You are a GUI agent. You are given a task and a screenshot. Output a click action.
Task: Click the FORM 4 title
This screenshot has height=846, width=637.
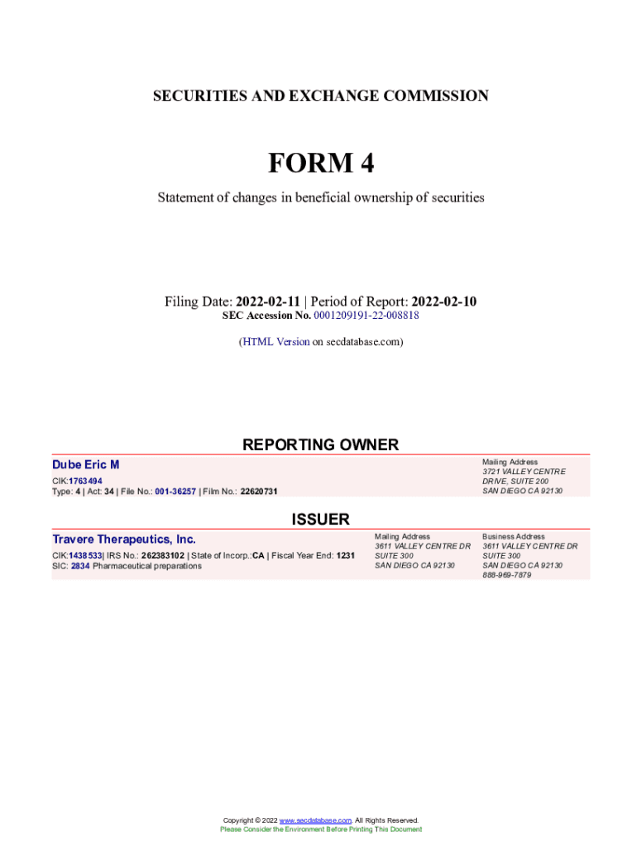(x=320, y=164)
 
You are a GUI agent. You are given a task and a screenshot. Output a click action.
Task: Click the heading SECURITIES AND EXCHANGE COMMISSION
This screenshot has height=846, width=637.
(x=320, y=96)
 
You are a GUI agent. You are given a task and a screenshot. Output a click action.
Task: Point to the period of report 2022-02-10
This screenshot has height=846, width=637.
(x=443, y=302)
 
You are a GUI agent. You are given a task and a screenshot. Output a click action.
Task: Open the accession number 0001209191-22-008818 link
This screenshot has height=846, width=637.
(x=366, y=316)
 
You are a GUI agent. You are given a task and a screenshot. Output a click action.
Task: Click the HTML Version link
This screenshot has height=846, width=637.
(x=275, y=341)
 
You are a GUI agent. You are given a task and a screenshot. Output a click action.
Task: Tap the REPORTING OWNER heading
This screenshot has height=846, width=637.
(x=320, y=444)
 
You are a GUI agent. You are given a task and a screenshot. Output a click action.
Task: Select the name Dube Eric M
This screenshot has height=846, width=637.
(x=86, y=465)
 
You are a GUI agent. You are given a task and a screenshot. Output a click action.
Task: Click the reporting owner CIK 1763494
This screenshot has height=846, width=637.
(x=85, y=480)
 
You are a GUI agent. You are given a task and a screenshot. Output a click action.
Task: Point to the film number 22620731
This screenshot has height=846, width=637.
(x=259, y=492)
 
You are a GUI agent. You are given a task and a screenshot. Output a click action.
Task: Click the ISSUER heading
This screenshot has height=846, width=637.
(x=320, y=519)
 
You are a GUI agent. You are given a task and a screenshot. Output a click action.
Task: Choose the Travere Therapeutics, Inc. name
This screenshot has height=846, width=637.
(x=124, y=539)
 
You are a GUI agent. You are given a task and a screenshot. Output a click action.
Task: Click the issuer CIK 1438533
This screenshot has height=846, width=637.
(x=85, y=556)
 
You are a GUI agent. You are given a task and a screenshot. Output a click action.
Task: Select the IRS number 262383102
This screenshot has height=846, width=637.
(x=162, y=556)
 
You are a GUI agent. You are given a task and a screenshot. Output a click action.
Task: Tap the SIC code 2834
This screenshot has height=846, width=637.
(x=80, y=566)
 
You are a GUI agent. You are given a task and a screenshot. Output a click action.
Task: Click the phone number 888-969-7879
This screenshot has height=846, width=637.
(x=506, y=575)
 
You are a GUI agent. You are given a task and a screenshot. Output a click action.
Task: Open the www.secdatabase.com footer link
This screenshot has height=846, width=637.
(x=315, y=820)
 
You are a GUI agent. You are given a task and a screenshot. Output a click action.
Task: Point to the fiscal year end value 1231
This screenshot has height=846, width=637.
(x=345, y=556)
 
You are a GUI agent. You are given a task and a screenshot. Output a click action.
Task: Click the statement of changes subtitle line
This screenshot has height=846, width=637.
(x=320, y=198)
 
